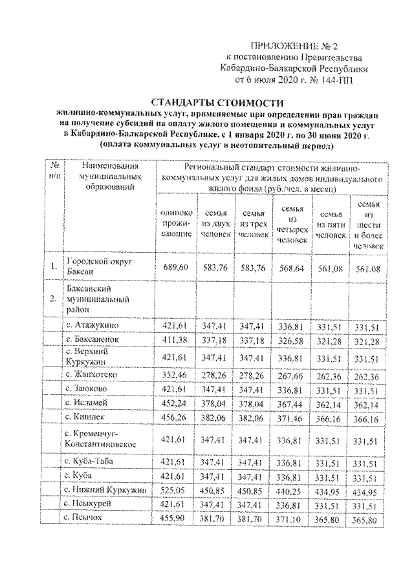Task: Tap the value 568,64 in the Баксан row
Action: coord(290,267)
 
